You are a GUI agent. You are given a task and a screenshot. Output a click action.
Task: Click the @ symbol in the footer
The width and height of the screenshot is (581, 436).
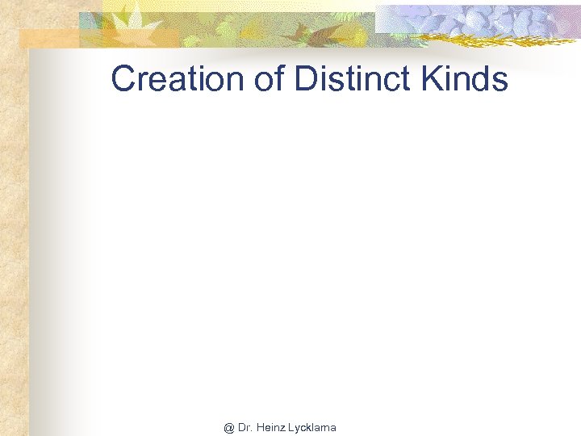tap(229, 426)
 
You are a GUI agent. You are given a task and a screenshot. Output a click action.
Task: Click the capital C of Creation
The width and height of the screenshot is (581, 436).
tap(123, 79)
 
